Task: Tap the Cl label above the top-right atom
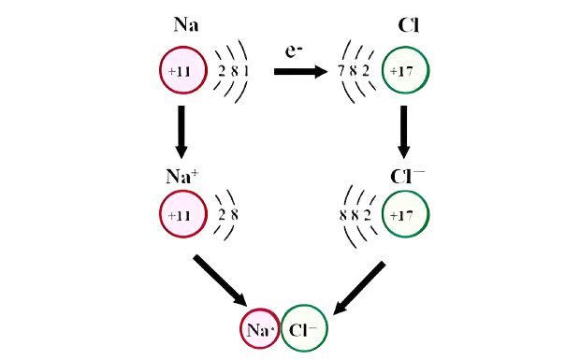(408, 25)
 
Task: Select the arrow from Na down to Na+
(181, 131)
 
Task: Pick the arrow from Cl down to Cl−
(404, 131)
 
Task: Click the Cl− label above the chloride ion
(407, 177)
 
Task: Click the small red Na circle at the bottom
(259, 329)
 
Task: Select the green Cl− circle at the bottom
(304, 329)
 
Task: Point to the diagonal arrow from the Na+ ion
(221, 280)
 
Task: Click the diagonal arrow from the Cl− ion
(360, 286)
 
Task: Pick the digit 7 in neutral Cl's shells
(341, 71)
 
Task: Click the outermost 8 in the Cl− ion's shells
(342, 214)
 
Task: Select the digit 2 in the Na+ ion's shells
(222, 214)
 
